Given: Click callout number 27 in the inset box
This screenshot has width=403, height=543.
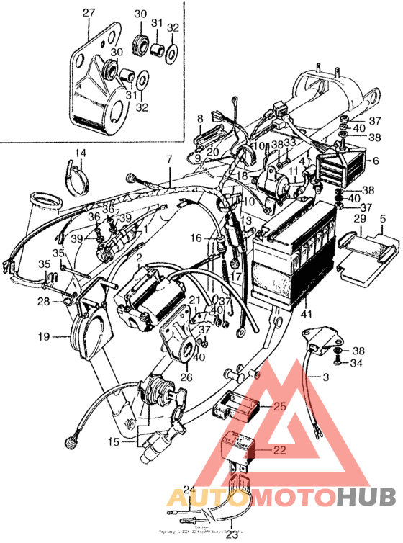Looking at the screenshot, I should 88,12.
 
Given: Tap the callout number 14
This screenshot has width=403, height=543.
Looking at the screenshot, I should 79,153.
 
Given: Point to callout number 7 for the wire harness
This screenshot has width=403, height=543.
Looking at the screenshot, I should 169,158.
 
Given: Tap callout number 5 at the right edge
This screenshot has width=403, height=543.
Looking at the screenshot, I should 382,218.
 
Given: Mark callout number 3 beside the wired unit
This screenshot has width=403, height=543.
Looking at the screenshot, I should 325,377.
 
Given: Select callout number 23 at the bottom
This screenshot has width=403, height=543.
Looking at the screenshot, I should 232,534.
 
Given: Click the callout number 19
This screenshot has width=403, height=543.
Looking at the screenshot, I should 44,336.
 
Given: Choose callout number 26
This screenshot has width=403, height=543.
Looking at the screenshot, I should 186,376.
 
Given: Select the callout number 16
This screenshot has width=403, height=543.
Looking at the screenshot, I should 196,238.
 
